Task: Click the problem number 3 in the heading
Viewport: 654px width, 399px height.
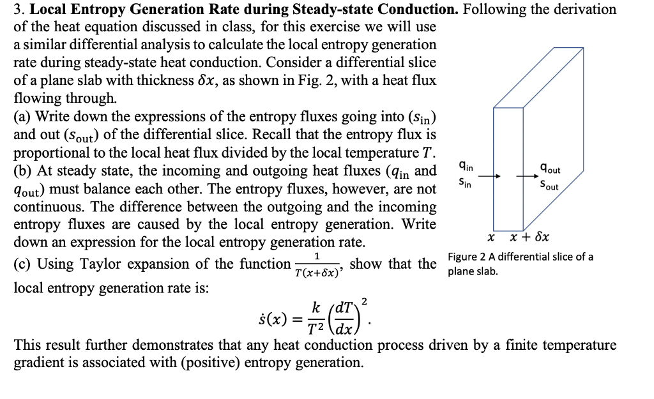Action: pos(17,10)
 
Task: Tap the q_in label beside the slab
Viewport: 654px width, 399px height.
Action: pos(466,167)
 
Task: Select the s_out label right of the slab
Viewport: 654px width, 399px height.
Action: pos(549,186)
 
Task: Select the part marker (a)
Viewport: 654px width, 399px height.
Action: pos(23,117)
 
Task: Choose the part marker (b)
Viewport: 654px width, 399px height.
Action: pos(23,171)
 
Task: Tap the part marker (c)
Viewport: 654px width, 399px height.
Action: pos(23,264)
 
